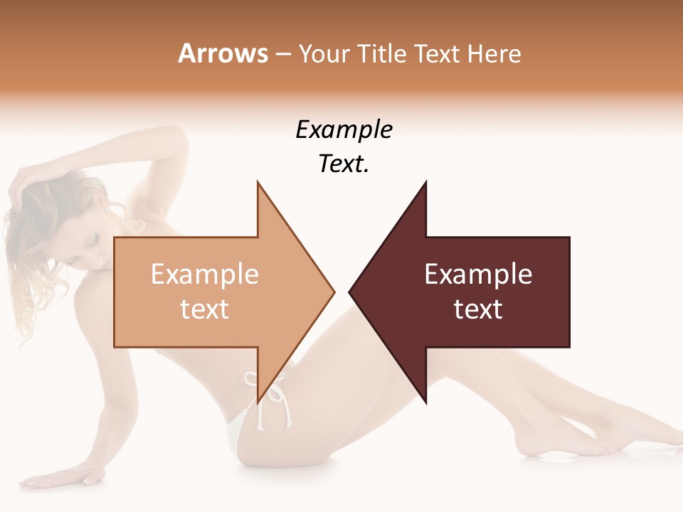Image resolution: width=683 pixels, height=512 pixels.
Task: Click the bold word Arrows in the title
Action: pyautogui.click(x=223, y=53)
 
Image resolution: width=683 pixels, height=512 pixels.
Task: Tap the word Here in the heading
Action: pyautogui.click(x=494, y=53)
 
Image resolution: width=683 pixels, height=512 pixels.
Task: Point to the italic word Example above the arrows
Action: pyautogui.click(x=344, y=129)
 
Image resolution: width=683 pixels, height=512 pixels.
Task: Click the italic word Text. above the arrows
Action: pyautogui.click(x=344, y=164)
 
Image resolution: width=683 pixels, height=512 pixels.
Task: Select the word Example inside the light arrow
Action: pyautogui.click(x=204, y=274)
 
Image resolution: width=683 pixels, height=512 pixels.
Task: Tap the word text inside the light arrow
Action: pyautogui.click(x=204, y=309)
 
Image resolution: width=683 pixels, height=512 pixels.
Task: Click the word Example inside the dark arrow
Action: pyautogui.click(x=478, y=274)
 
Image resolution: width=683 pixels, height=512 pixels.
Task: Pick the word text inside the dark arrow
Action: pyautogui.click(x=478, y=309)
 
